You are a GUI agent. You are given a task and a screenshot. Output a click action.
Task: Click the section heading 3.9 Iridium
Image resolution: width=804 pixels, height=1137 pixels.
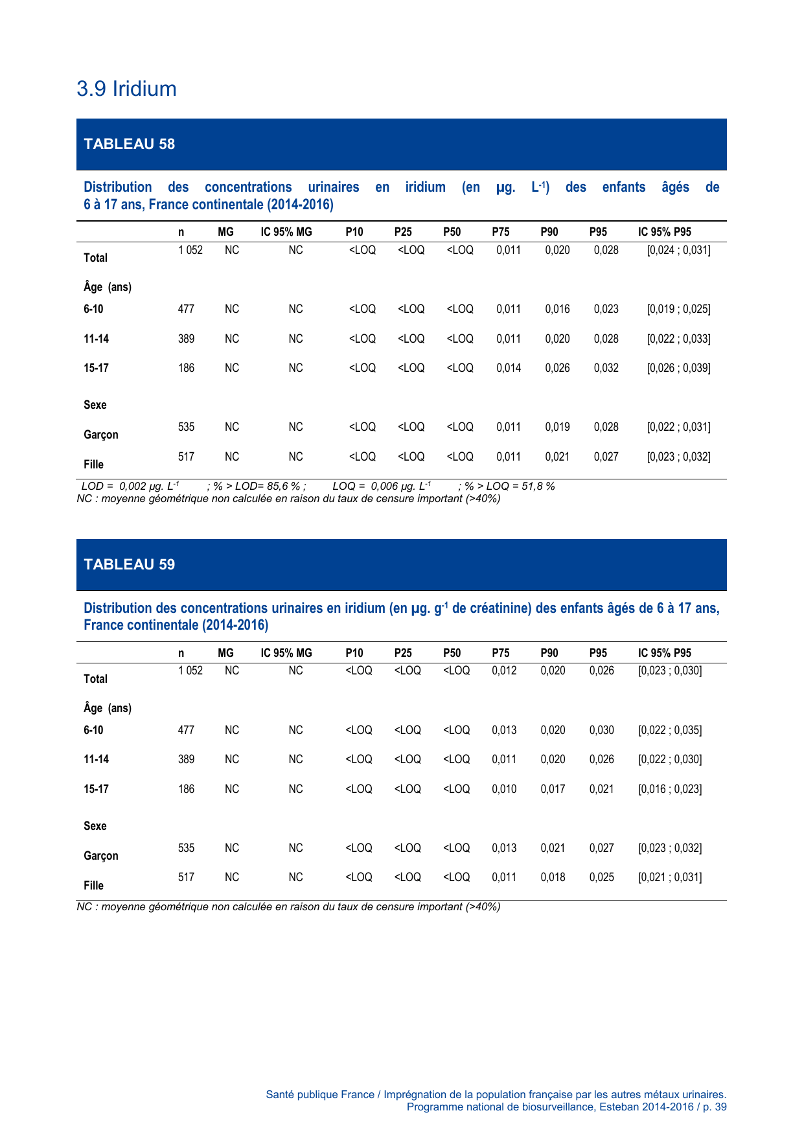[126, 89]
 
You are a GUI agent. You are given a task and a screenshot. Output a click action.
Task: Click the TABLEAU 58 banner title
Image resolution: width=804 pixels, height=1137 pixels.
[130, 144]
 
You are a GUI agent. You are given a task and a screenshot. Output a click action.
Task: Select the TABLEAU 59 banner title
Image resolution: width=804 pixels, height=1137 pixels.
[130, 564]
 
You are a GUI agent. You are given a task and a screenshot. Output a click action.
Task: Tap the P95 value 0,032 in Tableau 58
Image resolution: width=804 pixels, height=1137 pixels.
[606, 368]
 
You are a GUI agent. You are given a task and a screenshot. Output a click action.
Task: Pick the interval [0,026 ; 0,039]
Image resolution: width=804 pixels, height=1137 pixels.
[678, 368]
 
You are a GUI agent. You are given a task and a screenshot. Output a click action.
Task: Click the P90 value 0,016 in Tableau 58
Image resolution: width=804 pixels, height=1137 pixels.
[557, 309]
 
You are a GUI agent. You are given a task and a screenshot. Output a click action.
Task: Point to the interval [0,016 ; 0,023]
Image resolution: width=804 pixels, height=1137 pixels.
[670, 789]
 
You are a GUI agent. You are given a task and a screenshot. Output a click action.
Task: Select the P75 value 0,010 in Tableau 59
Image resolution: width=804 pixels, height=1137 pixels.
[504, 789]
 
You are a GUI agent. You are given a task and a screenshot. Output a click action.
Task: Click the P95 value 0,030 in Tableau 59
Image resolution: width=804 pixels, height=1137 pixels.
[601, 730]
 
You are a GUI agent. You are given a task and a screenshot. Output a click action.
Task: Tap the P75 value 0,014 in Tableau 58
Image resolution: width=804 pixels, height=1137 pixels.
[509, 368]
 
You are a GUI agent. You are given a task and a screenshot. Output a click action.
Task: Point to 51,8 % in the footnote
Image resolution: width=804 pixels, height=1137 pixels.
[538, 486]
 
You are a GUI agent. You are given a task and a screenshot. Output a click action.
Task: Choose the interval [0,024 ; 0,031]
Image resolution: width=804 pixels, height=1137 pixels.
[678, 250]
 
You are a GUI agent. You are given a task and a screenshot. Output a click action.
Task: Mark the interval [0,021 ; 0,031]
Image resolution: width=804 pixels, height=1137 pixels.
[670, 877]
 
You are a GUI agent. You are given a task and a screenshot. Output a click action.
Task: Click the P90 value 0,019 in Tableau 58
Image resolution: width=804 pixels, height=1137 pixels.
[557, 427]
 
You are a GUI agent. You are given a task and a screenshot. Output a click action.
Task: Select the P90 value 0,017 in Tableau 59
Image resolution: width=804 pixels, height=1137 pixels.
[553, 789]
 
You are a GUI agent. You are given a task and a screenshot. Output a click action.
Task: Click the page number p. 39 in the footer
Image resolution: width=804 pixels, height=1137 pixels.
[715, 1107]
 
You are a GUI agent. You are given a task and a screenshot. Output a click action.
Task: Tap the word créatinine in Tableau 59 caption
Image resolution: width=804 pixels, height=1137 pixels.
[499, 608]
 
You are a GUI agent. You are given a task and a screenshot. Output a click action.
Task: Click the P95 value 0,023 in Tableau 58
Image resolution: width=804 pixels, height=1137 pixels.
[606, 309]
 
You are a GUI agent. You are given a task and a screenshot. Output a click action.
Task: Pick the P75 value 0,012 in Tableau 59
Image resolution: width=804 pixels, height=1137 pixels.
[504, 671]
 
